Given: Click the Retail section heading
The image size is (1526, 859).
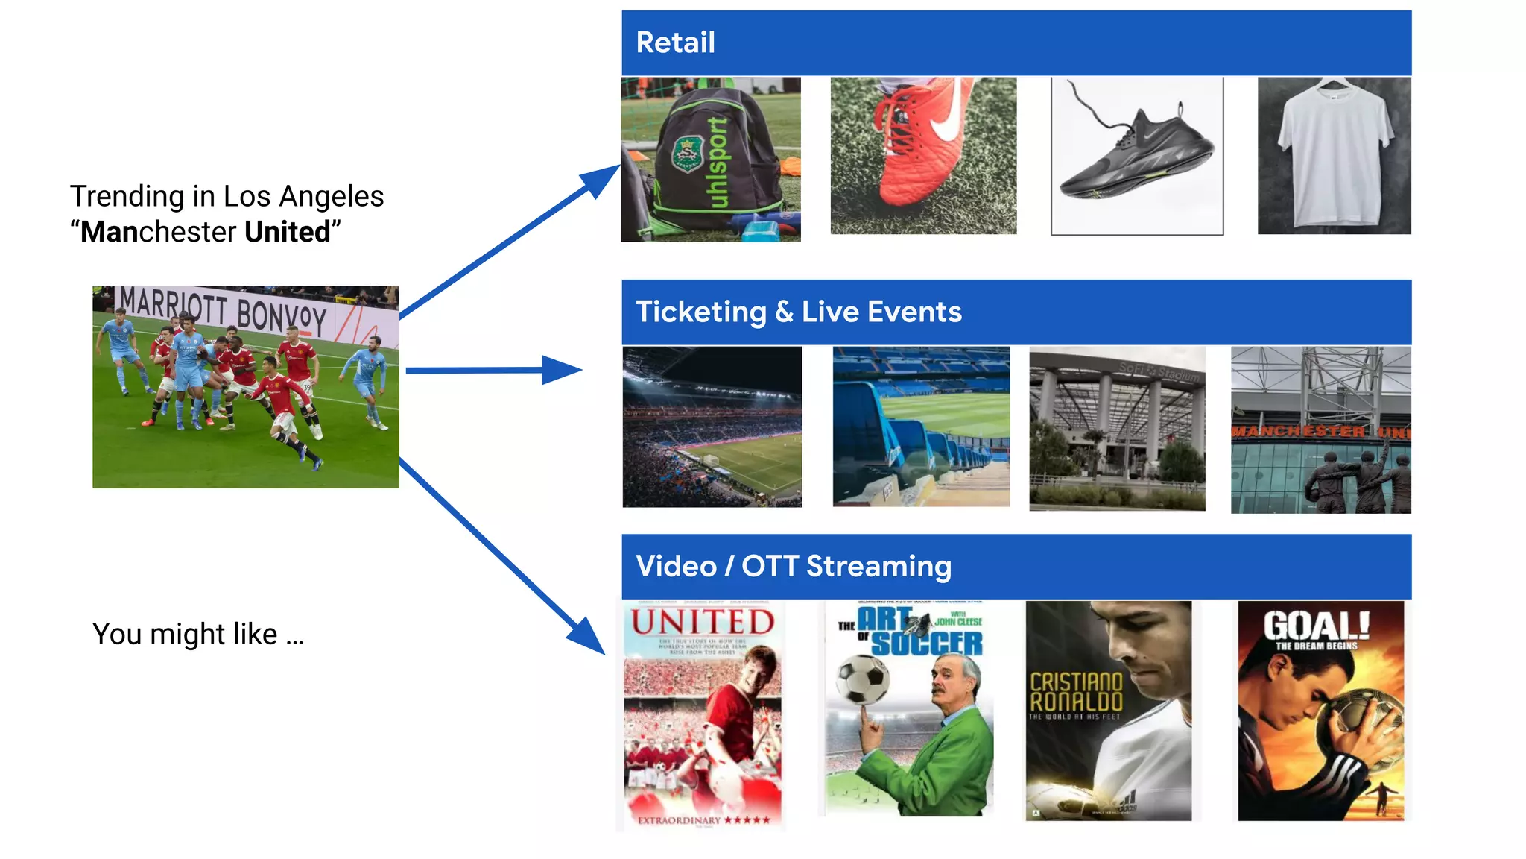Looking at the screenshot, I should [675, 43].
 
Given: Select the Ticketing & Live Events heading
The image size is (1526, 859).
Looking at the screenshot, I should [798, 312].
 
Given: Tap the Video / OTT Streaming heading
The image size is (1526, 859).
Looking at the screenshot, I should [793, 566].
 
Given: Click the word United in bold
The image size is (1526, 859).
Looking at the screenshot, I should [287, 232].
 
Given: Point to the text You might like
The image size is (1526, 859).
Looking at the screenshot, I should [197, 635].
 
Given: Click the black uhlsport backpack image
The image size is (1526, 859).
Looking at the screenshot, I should [711, 160].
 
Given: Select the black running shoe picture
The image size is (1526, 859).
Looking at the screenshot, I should [1136, 156].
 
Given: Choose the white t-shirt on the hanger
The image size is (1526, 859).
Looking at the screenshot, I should [1334, 156].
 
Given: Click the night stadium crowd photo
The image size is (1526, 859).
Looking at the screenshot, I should [712, 427].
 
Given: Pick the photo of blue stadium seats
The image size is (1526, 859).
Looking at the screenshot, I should [921, 427].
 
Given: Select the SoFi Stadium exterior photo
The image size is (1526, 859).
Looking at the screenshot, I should [1117, 429].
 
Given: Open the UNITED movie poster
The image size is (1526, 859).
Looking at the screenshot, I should [703, 716].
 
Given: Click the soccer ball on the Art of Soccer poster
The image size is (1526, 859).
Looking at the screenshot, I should [863, 679].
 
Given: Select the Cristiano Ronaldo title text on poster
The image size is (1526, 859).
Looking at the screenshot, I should [1075, 692].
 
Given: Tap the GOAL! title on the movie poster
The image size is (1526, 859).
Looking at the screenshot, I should [1316, 626].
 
